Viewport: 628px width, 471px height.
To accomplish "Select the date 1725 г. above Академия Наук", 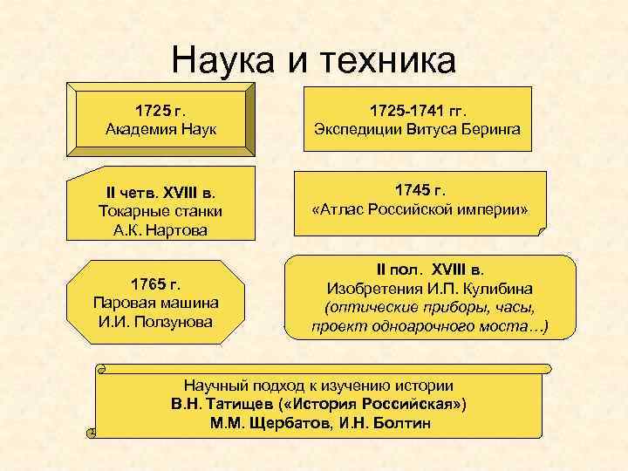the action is [162, 111].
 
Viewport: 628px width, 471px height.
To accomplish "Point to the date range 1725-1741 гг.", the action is [419, 111].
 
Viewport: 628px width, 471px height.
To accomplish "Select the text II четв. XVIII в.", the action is [162, 192].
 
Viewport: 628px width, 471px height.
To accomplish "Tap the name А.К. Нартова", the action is [162, 229].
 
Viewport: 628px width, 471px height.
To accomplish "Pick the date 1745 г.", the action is [420, 189].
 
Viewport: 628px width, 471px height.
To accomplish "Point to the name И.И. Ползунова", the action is [157, 322].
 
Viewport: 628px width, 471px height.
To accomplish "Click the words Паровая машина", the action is [157, 303].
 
